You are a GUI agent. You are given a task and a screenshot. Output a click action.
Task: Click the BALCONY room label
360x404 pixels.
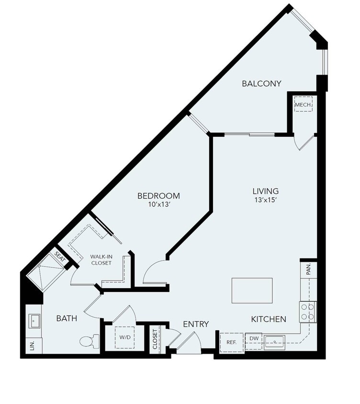pos(261,84)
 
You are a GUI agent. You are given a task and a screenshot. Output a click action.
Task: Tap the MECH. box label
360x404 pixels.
pos(304,105)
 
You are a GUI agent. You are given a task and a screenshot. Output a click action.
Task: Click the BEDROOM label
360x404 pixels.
pos(158,196)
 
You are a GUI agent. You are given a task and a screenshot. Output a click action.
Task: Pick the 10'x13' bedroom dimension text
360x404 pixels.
pos(158,205)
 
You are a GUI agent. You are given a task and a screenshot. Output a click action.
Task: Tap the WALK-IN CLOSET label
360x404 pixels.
pos(101,259)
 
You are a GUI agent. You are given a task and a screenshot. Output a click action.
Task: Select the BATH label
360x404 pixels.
pos(67,318)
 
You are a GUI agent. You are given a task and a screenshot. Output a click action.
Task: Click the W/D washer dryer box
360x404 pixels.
pos(125,337)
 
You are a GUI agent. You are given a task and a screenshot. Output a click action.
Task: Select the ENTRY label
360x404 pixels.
pos(196,325)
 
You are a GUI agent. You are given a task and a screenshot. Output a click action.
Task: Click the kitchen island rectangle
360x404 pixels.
pos(252,290)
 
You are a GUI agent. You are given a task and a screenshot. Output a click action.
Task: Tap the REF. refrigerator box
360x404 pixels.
pos(232,342)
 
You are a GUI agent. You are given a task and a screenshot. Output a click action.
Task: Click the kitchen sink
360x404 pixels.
pos(275,341)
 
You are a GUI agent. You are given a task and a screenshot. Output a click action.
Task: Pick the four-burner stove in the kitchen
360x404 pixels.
pos(308,312)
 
